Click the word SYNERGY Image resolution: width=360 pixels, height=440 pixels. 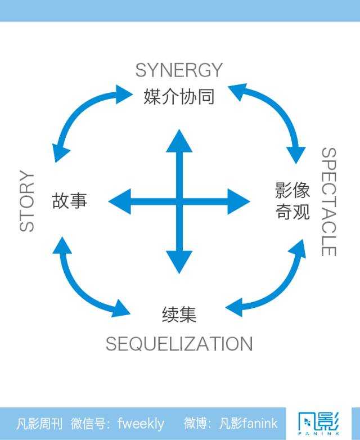[179, 71]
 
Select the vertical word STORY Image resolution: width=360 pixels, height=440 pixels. [27, 201]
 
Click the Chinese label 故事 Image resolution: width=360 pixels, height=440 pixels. [70, 201]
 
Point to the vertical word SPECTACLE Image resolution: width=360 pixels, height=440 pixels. [328, 201]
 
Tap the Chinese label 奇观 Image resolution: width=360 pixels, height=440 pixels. [292, 213]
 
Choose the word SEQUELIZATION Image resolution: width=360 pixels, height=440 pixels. [179, 344]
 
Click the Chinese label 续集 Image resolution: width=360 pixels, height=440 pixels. [179, 315]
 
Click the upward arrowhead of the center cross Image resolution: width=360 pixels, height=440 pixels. [179, 141]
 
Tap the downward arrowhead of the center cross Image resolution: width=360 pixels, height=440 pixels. [179, 261]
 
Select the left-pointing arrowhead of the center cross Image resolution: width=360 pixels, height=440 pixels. [120, 201]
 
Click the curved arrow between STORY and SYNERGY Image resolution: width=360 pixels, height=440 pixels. [79, 115]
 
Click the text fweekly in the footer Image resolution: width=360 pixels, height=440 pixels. [141, 423]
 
